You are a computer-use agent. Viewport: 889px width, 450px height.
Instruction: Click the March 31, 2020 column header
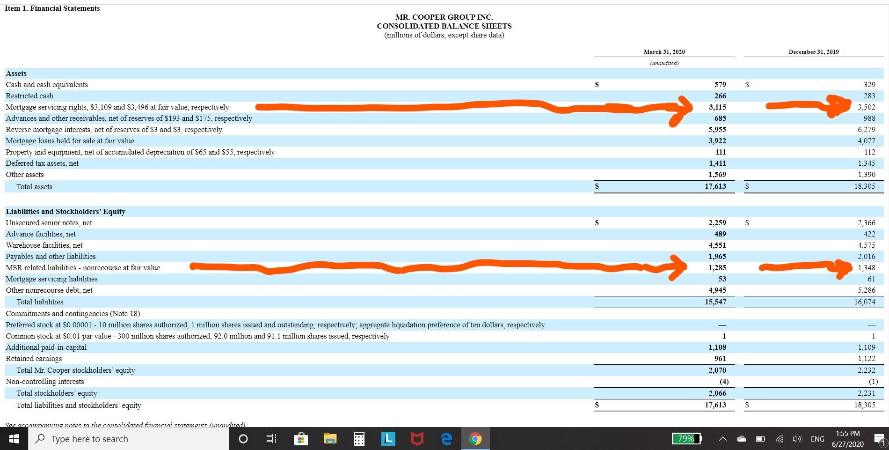(x=664, y=52)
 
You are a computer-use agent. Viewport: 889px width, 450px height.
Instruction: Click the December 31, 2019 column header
(x=813, y=52)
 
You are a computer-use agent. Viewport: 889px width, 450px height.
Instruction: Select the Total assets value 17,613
(x=715, y=186)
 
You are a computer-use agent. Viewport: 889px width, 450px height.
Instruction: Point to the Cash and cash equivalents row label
(x=47, y=85)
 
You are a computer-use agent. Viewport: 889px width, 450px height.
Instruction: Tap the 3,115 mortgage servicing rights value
(x=717, y=107)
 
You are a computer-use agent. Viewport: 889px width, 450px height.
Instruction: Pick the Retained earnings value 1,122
(x=866, y=359)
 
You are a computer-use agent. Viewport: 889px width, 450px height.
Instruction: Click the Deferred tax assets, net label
(x=42, y=163)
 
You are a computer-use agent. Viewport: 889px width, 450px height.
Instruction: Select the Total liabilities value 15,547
(x=715, y=302)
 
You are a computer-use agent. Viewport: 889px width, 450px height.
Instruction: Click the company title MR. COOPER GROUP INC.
(x=444, y=17)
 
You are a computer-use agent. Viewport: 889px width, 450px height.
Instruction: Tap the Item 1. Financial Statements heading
(x=52, y=8)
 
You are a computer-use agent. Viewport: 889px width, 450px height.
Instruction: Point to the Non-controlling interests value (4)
(x=723, y=382)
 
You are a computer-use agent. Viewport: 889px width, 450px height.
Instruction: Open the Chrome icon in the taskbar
(x=475, y=439)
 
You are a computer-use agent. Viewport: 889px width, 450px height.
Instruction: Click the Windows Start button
(x=14, y=439)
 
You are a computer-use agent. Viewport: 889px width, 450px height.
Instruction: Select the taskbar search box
(x=129, y=439)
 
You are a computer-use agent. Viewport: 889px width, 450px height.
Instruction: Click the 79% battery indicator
(x=686, y=439)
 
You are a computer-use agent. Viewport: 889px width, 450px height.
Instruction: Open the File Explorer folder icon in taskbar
(x=330, y=439)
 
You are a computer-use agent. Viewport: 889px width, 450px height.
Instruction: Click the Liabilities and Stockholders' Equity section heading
(x=66, y=212)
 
